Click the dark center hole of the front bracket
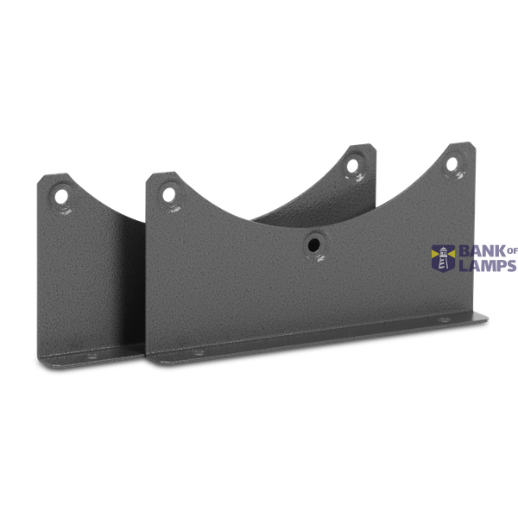314,245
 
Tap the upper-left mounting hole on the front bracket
169,194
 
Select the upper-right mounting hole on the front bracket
452,164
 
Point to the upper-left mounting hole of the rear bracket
61,197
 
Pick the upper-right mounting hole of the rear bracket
352,166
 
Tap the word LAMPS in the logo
488,265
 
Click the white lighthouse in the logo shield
443,258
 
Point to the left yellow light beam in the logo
435,253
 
